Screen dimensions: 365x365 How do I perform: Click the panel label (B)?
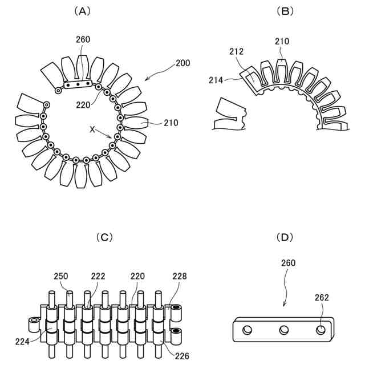[x=283, y=11]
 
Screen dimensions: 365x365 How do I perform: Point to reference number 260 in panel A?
[x=83, y=39]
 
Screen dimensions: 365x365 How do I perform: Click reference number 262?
[x=322, y=297]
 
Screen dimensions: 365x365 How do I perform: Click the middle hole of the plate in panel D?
[x=283, y=330]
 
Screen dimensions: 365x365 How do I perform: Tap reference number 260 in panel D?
[x=288, y=263]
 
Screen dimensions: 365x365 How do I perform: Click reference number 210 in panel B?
[x=282, y=41]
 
